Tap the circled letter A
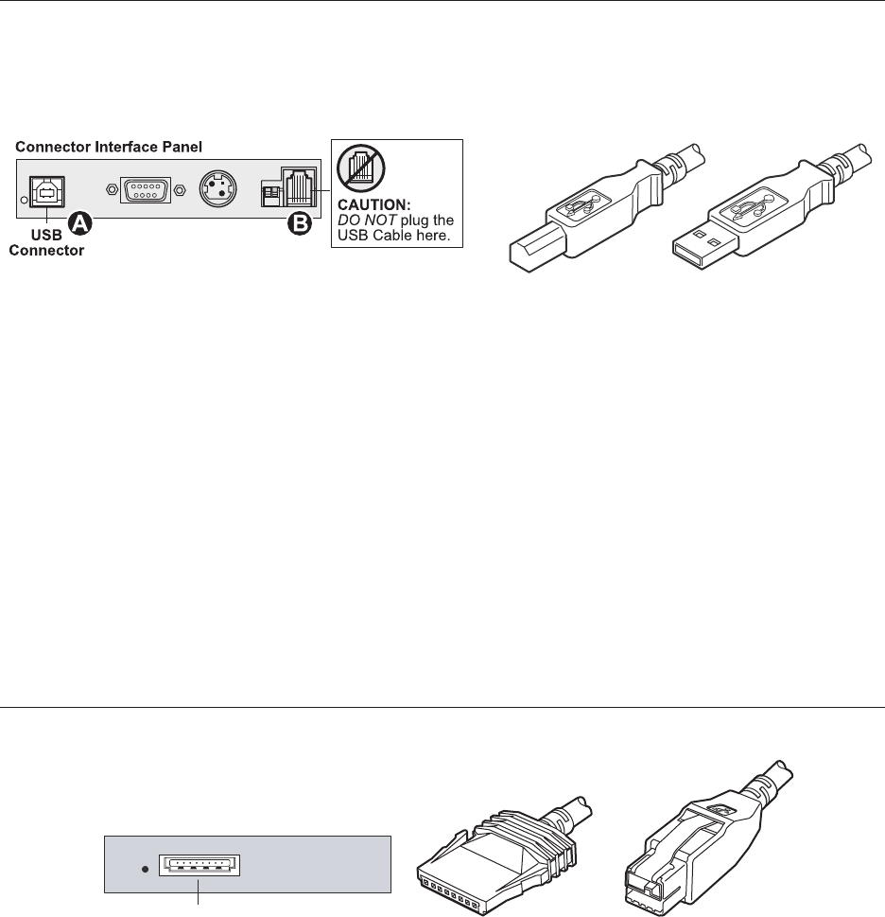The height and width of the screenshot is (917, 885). (x=82, y=222)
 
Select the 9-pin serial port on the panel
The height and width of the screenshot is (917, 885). (x=145, y=190)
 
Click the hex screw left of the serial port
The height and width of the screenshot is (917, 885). (x=113, y=190)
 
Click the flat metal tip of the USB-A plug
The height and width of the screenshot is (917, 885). (x=699, y=246)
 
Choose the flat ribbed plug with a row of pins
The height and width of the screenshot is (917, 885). (x=492, y=848)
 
